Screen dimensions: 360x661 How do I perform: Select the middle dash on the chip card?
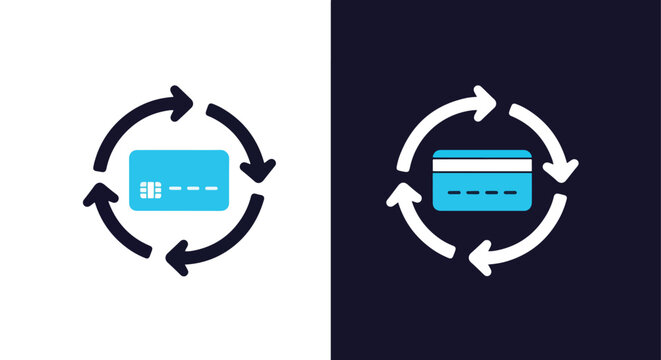pyautogui.click(x=194, y=188)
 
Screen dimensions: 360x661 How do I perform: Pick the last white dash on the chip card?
pyautogui.click(x=212, y=188)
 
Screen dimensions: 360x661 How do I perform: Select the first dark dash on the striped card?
pyautogui.click(x=454, y=189)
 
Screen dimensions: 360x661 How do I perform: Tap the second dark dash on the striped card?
pyautogui.click(x=472, y=189)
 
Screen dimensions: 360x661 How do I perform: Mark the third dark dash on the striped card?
pyautogui.click(x=490, y=189)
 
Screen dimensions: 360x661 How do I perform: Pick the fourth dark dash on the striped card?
pyautogui.click(x=508, y=189)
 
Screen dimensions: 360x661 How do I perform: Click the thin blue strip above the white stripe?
pyautogui.click(x=481, y=154)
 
